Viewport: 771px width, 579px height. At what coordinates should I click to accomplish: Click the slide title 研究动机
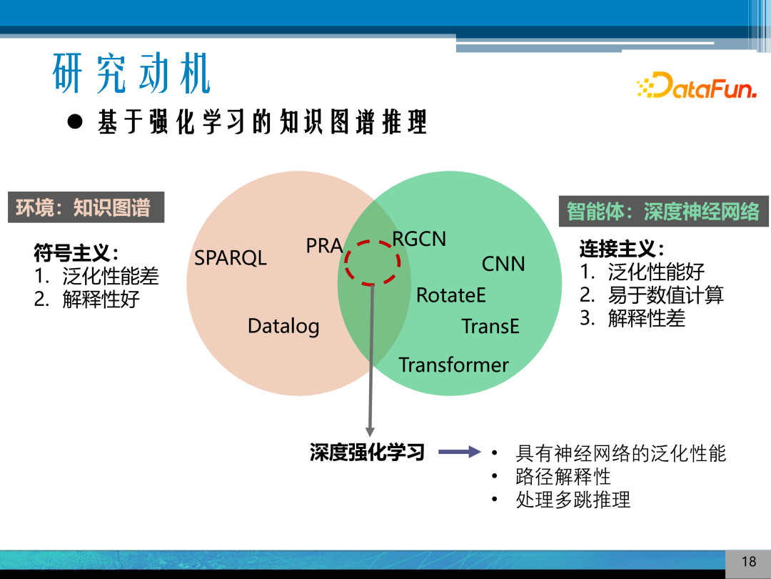click(132, 74)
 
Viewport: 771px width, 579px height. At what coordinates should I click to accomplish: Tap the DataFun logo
click(696, 85)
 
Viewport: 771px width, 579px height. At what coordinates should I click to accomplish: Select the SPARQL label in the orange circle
click(231, 258)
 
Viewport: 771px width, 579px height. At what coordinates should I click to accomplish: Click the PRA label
click(324, 246)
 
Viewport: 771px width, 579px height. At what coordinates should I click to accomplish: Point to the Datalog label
click(283, 327)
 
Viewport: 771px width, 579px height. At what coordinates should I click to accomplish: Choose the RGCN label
click(419, 239)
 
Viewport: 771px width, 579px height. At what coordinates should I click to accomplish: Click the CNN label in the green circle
click(503, 264)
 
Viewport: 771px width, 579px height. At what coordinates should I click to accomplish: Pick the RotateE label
click(450, 295)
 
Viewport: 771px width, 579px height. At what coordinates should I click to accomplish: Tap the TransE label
click(490, 327)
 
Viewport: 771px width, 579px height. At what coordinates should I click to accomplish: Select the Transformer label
click(453, 365)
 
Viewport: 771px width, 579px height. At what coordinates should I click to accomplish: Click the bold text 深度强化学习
click(367, 452)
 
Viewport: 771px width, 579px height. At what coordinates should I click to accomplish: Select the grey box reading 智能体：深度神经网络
click(663, 212)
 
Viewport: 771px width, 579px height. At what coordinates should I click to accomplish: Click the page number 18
click(748, 561)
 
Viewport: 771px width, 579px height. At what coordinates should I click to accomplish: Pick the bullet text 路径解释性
click(563, 476)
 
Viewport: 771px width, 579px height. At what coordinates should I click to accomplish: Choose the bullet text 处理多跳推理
click(573, 500)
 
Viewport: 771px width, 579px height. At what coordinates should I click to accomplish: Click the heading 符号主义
click(76, 252)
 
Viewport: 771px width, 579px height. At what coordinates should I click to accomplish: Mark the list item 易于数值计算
click(665, 295)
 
